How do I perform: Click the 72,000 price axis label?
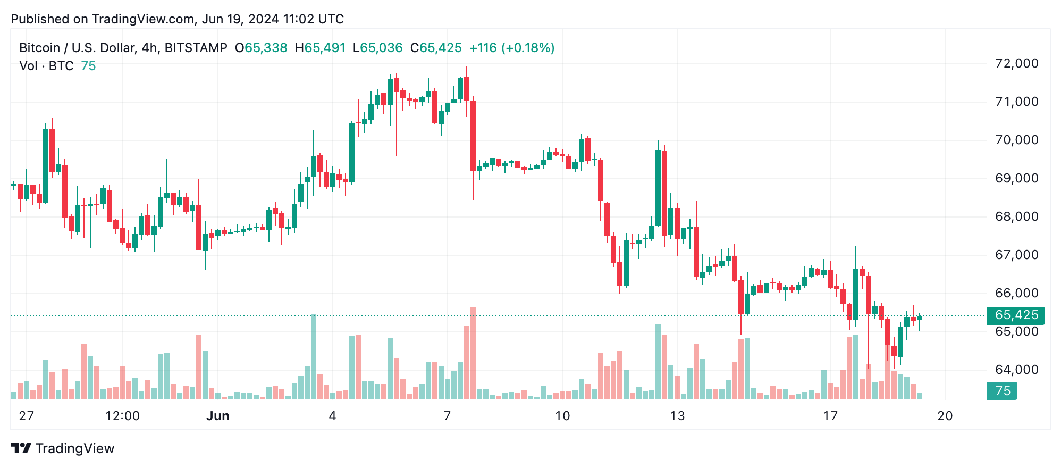pos(1016,63)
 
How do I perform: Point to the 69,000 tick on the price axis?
pos(1016,178)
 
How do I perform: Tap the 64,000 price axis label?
pos(1016,370)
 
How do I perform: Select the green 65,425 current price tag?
pos(1015,315)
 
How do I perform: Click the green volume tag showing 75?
pos(1002,391)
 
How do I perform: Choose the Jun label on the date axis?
pos(218,416)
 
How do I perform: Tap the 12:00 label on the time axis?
pos(122,416)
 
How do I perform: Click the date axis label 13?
pos(677,416)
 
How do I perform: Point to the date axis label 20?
pos(945,416)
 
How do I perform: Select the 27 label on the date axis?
pos(27,416)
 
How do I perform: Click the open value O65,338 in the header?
pos(261,48)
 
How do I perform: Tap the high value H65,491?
pos(320,48)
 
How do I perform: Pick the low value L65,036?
pos(378,48)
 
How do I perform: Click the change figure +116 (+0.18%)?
pos(511,48)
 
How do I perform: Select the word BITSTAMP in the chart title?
pos(196,48)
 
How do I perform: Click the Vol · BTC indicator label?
pos(46,66)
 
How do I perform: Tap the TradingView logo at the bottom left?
pos(63,448)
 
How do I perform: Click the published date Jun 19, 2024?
pos(240,19)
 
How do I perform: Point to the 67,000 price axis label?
pos(1016,255)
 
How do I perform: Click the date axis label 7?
pos(447,416)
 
